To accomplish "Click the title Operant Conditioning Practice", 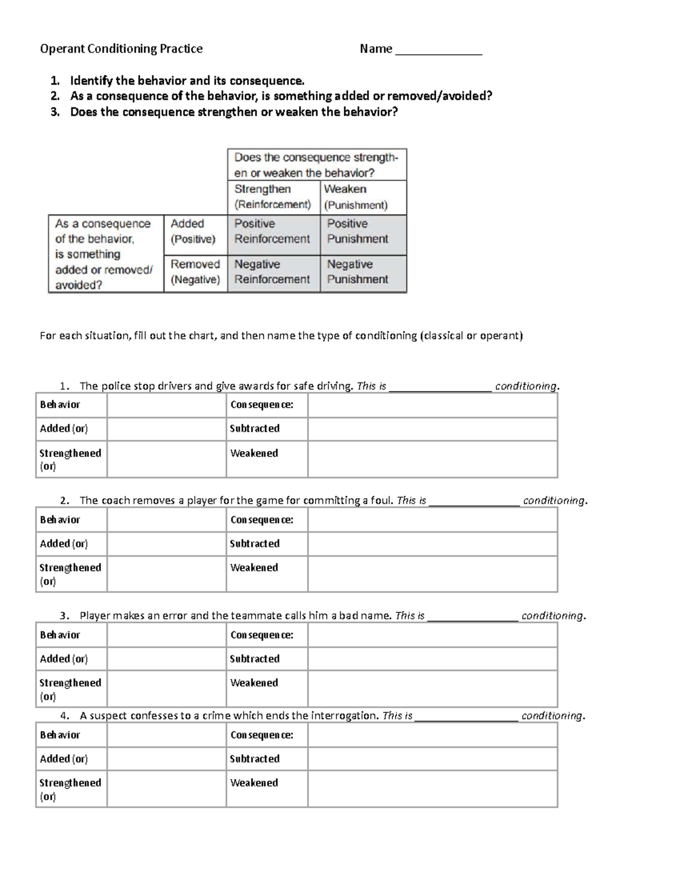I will [x=121, y=49].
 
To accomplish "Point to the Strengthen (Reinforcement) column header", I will [x=273, y=197].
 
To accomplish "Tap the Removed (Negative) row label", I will [x=195, y=272].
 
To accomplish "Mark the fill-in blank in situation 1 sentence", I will [x=440, y=388].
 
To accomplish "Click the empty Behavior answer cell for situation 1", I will [x=166, y=405].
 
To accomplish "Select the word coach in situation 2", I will [x=117, y=501].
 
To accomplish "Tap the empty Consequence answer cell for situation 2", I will [x=432, y=520].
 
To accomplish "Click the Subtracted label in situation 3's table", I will [x=254, y=659].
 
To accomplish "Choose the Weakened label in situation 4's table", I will [x=254, y=783].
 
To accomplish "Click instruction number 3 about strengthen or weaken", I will [x=233, y=112].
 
